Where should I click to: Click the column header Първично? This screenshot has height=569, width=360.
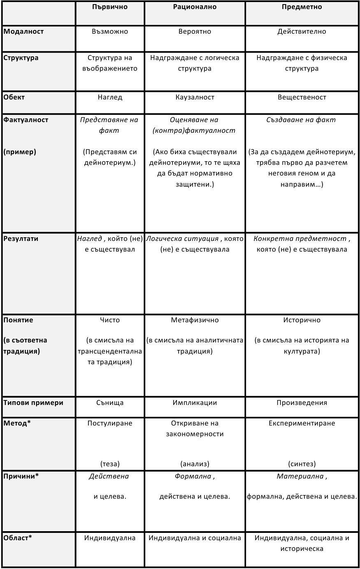click(110, 7)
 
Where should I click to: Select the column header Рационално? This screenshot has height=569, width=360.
click(195, 7)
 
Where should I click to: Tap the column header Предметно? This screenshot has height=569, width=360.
click(302, 7)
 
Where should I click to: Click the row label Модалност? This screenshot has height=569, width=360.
click(23, 32)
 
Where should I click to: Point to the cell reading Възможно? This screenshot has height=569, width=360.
click(110, 32)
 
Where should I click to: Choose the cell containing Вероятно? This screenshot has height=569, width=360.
click(195, 32)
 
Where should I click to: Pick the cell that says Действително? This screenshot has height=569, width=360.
click(302, 32)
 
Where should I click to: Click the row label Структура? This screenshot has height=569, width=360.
click(21, 58)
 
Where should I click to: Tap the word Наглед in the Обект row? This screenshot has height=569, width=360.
click(110, 97)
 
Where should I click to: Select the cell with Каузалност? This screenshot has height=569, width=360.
click(195, 97)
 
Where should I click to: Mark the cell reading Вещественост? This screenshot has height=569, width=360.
click(302, 97)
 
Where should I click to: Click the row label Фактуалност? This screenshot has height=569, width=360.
click(26, 120)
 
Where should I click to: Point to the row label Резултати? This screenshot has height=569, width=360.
click(21, 239)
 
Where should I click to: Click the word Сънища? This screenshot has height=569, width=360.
click(110, 403)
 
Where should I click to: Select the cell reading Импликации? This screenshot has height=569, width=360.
click(195, 403)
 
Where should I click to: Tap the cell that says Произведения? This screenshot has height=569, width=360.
click(302, 403)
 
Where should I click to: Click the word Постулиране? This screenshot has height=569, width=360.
click(110, 423)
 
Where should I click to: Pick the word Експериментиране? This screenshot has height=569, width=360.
click(302, 423)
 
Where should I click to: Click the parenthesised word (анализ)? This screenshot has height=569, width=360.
click(195, 464)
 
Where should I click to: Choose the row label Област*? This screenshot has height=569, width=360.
click(18, 538)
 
